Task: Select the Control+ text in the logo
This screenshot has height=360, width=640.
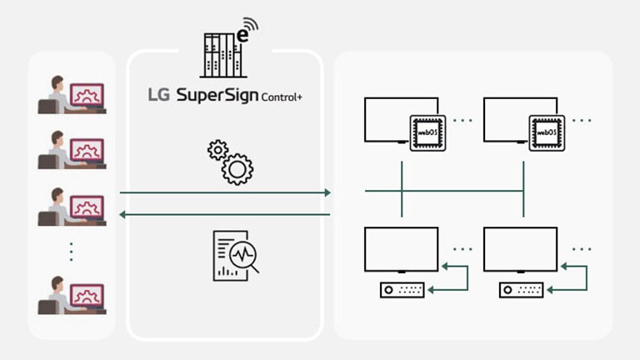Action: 282,97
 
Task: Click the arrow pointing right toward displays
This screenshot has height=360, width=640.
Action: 225,192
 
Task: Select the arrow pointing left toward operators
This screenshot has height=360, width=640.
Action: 225,214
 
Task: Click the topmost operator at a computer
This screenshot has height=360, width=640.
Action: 72,94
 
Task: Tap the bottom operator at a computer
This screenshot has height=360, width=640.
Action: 72,295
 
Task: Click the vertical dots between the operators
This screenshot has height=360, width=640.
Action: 72,251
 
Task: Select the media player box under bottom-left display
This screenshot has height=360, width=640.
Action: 403,290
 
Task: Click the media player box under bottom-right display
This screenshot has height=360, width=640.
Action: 522,290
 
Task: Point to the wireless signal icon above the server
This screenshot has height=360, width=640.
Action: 249,27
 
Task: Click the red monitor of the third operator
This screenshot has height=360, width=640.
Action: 87,206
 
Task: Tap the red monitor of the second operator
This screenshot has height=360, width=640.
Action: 87,150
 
